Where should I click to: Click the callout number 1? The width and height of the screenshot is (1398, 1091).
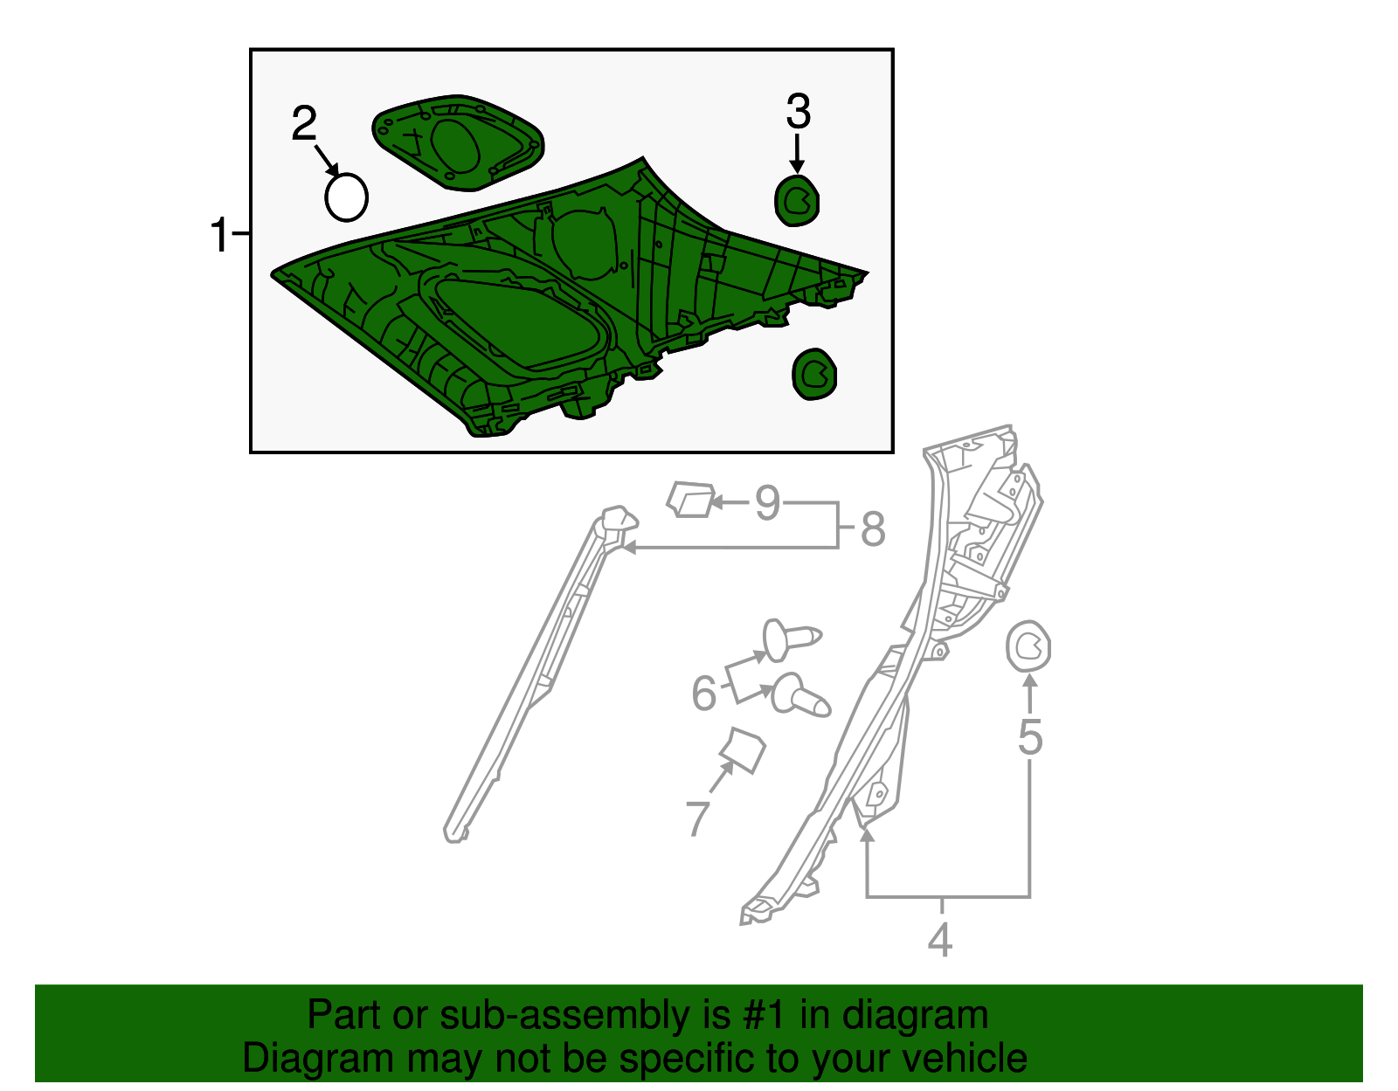[x=220, y=236]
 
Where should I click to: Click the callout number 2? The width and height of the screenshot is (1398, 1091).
[x=303, y=124]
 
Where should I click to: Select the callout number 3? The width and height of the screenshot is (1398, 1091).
[x=798, y=112]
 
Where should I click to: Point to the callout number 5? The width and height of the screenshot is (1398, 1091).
[x=1030, y=737]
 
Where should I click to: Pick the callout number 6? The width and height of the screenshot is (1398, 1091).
[x=703, y=694]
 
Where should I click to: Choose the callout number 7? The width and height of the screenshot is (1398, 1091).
[x=697, y=818]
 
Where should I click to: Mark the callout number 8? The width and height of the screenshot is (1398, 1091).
[x=873, y=529]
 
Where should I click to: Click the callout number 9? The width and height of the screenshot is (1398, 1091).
[x=767, y=503]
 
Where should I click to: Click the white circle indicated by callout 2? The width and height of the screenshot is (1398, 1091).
[x=346, y=197]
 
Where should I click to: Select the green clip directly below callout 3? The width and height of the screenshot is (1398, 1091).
[x=797, y=201]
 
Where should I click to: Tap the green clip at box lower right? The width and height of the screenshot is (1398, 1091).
[x=814, y=374]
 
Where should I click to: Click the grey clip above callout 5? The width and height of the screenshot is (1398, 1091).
[x=1028, y=646]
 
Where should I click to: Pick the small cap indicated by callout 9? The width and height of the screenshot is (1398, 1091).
[x=690, y=499]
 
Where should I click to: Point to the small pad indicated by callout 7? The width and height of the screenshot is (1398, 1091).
[x=743, y=750]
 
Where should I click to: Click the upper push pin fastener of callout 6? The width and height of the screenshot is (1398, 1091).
[x=790, y=639]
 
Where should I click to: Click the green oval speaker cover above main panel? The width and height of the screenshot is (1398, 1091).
[x=457, y=142]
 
